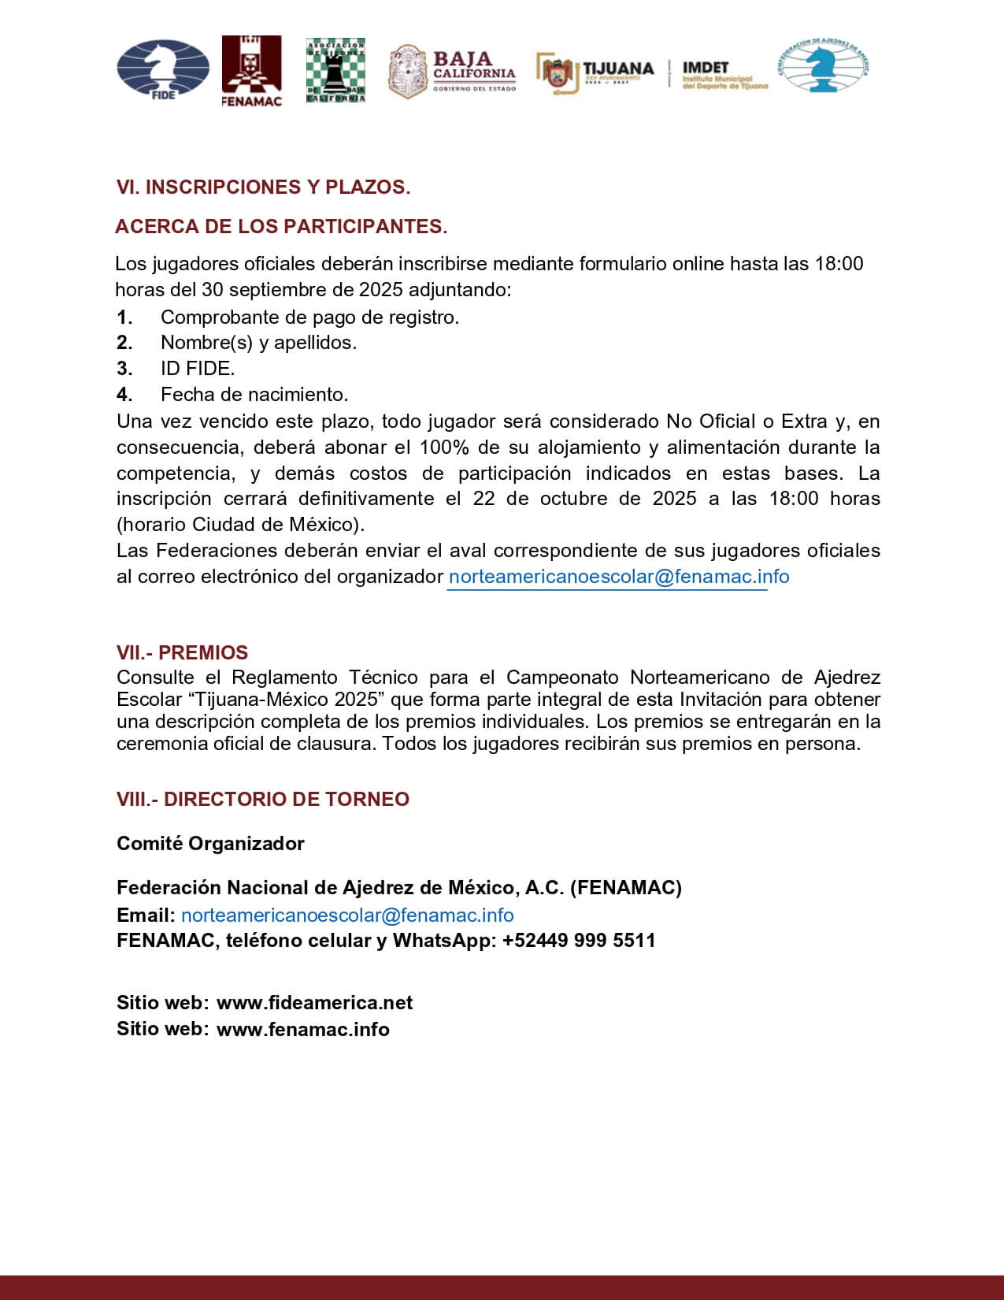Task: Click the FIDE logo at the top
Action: [163, 69]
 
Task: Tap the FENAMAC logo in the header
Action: [251, 70]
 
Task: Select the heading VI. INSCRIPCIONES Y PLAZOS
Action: [263, 188]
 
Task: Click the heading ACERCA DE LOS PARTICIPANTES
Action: [281, 227]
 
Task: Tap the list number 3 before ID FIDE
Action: [124, 368]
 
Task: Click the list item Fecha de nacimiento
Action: [254, 394]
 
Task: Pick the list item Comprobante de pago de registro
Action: [309, 318]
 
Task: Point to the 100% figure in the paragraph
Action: [444, 448]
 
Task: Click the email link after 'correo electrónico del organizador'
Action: [618, 577]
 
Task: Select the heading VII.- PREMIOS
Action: [182, 653]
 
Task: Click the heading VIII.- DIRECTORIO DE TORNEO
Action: [263, 799]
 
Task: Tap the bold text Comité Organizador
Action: [210, 844]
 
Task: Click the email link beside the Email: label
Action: [347, 916]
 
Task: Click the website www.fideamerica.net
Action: [314, 1003]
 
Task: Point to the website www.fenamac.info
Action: [302, 1030]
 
